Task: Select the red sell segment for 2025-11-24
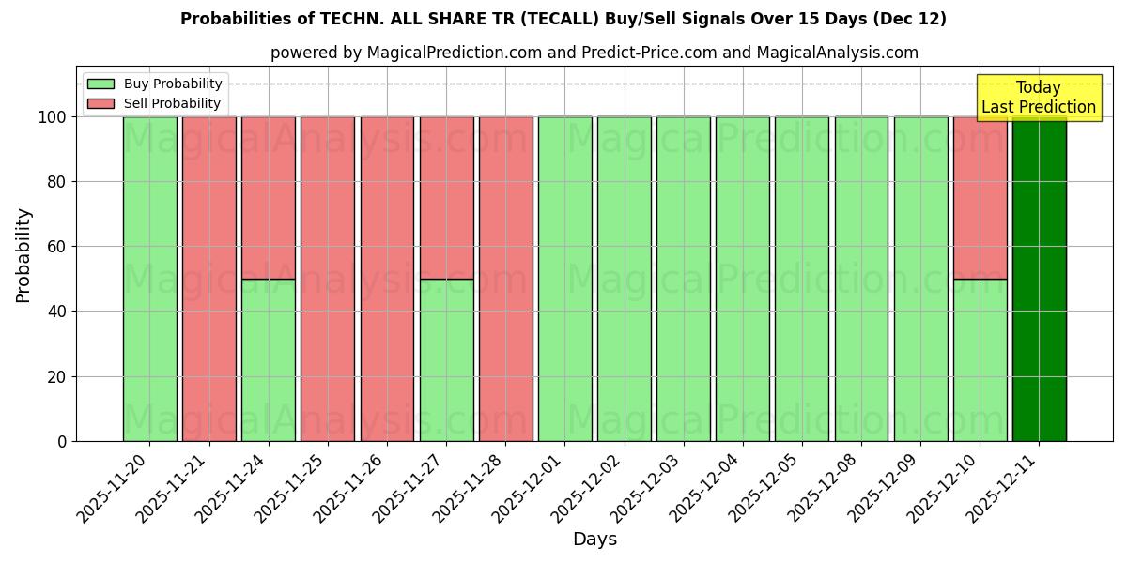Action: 268,197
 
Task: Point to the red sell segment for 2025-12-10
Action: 980,197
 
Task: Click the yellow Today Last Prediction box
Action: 1038,98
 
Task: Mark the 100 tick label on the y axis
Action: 53,117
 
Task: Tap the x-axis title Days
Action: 594,540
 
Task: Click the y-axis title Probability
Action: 23,254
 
